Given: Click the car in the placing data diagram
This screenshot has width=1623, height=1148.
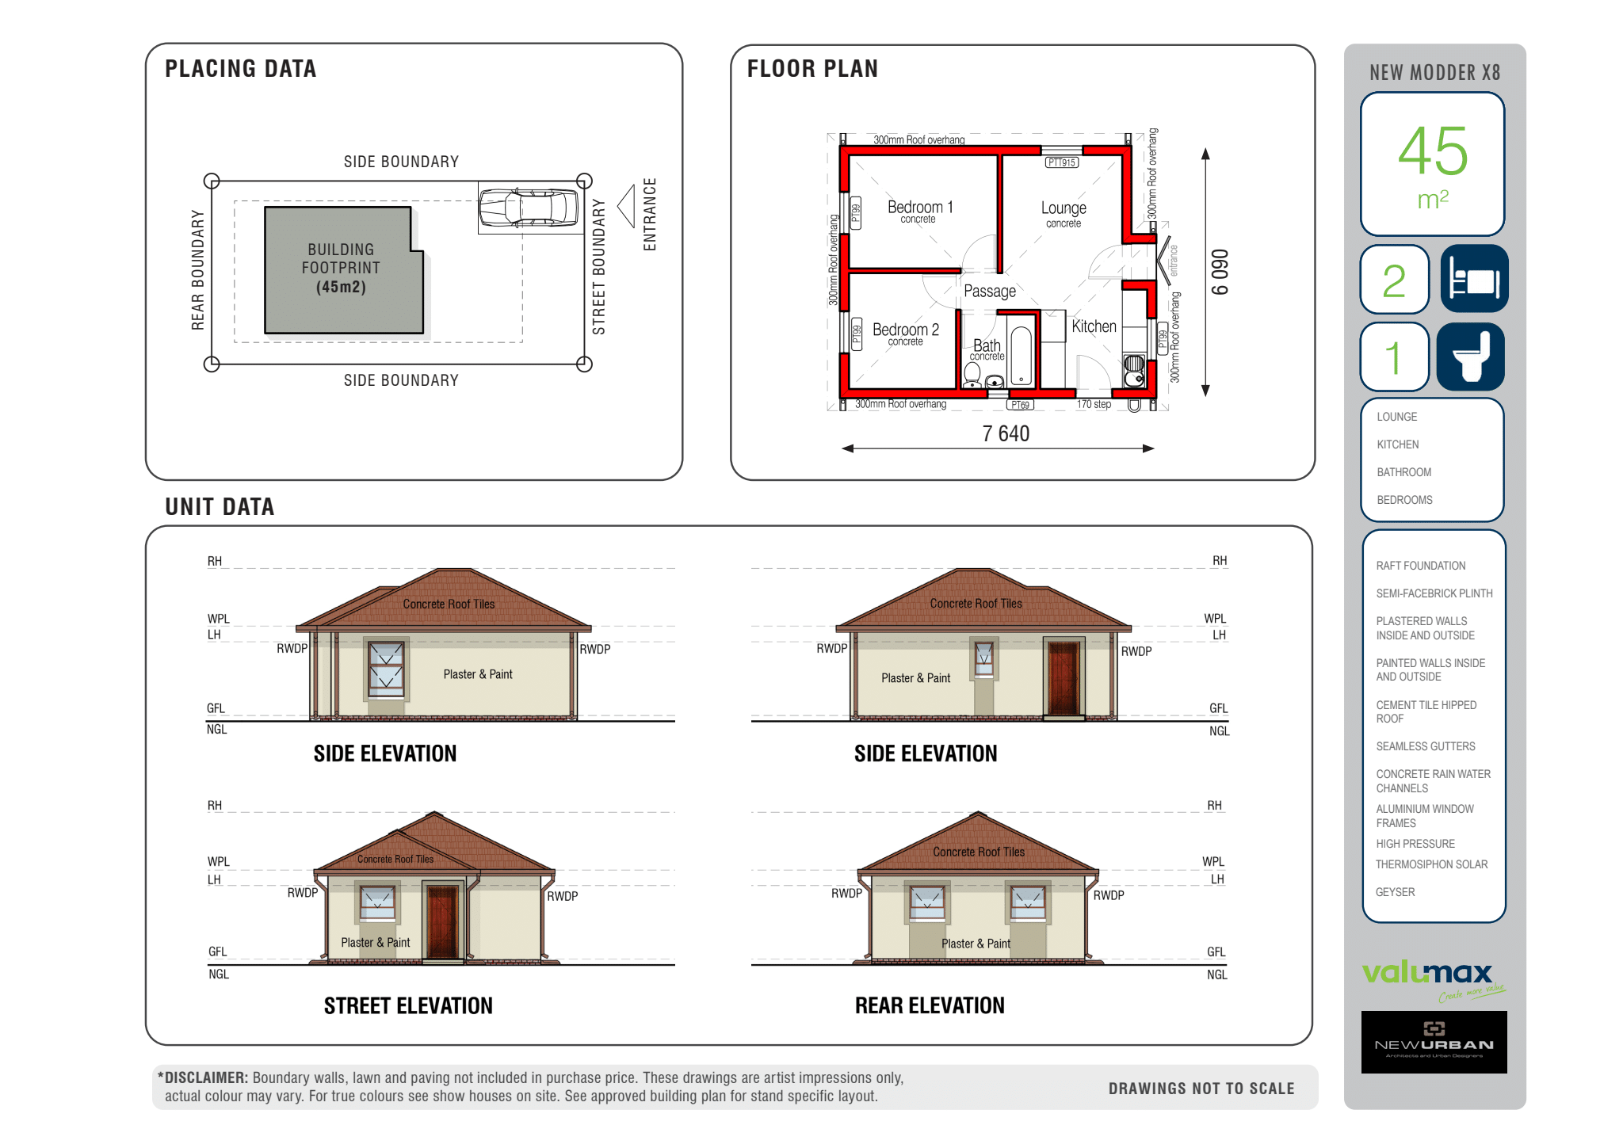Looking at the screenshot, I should (529, 208).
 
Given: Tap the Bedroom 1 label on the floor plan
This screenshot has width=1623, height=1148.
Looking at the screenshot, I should (919, 208).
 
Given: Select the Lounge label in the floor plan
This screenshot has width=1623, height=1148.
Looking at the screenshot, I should (1064, 208).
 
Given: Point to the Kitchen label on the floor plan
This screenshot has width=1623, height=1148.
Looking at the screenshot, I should (1094, 326).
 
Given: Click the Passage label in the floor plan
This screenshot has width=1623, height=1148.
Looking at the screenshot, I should (990, 292).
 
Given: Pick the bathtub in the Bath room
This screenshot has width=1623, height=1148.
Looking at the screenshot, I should (1022, 355).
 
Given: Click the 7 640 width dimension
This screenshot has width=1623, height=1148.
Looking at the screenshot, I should (1006, 434).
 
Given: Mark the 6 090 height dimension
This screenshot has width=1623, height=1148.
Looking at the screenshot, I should (1220, 273).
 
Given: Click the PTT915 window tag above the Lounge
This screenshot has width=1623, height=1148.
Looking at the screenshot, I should (1062, 162).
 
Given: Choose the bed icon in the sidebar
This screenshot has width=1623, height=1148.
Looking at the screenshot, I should (1474, 279).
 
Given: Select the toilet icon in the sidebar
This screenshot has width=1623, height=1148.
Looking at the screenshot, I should (1471, 357).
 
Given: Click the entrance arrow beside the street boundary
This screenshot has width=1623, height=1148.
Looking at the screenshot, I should (626, 206).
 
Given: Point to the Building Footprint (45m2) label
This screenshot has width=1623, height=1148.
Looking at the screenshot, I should (341, 269).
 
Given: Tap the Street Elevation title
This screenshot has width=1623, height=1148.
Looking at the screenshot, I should (408, 1006).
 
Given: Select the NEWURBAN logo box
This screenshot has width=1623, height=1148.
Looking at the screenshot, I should (1434, 1042).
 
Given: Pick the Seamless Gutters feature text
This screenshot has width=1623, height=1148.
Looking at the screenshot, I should (1425, 746).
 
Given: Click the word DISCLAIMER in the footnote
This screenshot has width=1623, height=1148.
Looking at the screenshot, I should (206, 1077).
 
